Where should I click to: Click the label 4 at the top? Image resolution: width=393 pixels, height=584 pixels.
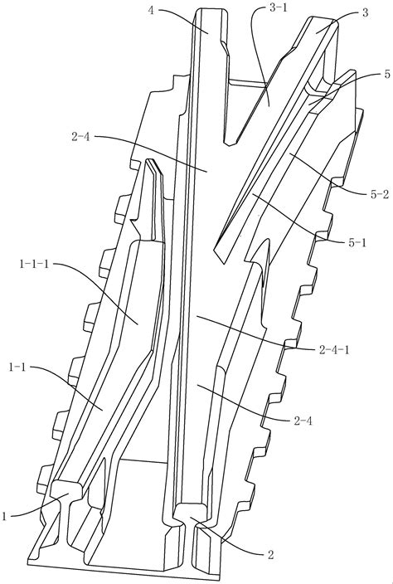[151, 10]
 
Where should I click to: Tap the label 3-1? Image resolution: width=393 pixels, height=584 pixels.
[278, 7]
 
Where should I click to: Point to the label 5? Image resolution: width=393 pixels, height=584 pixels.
[387, 74]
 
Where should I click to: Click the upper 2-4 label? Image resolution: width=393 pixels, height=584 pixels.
[80, 136]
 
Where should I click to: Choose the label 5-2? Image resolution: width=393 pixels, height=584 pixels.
[380, 194]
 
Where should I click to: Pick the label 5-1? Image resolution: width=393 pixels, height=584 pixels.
[357, 243]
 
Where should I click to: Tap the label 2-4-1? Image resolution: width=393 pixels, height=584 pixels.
[335, 350]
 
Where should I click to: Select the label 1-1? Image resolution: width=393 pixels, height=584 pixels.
[17, 367]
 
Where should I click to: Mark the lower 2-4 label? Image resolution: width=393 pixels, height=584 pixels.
[303, 421]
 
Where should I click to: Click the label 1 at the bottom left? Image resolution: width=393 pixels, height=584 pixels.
[4, 516]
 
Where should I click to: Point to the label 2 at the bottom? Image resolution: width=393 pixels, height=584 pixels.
[270, 555]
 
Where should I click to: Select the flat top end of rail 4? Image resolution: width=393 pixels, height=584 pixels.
[211, 9]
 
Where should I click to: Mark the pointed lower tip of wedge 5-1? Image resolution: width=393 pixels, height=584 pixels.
[222, 263]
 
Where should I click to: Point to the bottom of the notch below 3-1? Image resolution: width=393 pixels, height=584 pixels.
[230, 143]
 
